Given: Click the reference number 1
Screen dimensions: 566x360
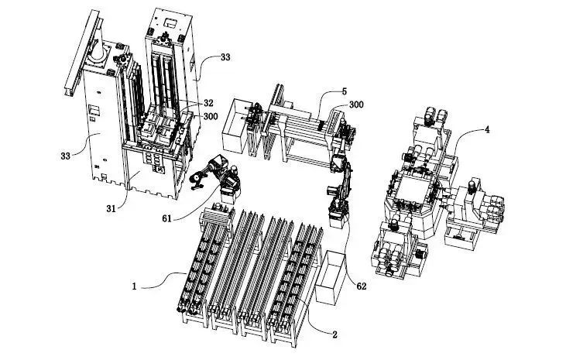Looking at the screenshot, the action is click(x=134, y=286).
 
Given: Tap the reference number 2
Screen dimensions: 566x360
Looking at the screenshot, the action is click(x=334, y=334).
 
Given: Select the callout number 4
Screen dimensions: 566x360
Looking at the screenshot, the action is click(x=487, y=129).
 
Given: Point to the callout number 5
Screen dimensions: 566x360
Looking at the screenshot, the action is click(x=345, y=91).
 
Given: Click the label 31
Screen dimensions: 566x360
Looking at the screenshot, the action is click(x=111, y=208).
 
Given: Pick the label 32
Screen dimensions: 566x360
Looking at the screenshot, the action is click(x=208, y=103).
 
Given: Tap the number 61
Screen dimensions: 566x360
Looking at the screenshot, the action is click(x=166, y=218).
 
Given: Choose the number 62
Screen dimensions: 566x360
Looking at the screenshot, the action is click(x=362, y=286).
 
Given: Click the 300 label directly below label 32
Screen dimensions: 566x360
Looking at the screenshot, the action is click(x=211, y=116).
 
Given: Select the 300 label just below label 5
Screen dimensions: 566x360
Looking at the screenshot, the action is click(x=356, y=105).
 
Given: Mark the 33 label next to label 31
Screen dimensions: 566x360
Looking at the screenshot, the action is click(x=65, y=156).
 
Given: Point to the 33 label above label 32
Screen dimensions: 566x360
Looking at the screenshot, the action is click(x=225, y=57).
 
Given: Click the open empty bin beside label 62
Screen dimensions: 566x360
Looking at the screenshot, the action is click(x=331, y=277).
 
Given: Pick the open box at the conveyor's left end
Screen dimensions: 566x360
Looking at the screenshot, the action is click(x=235, y=125).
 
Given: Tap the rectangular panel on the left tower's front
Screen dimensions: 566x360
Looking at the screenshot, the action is click(x=94, y=108).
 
